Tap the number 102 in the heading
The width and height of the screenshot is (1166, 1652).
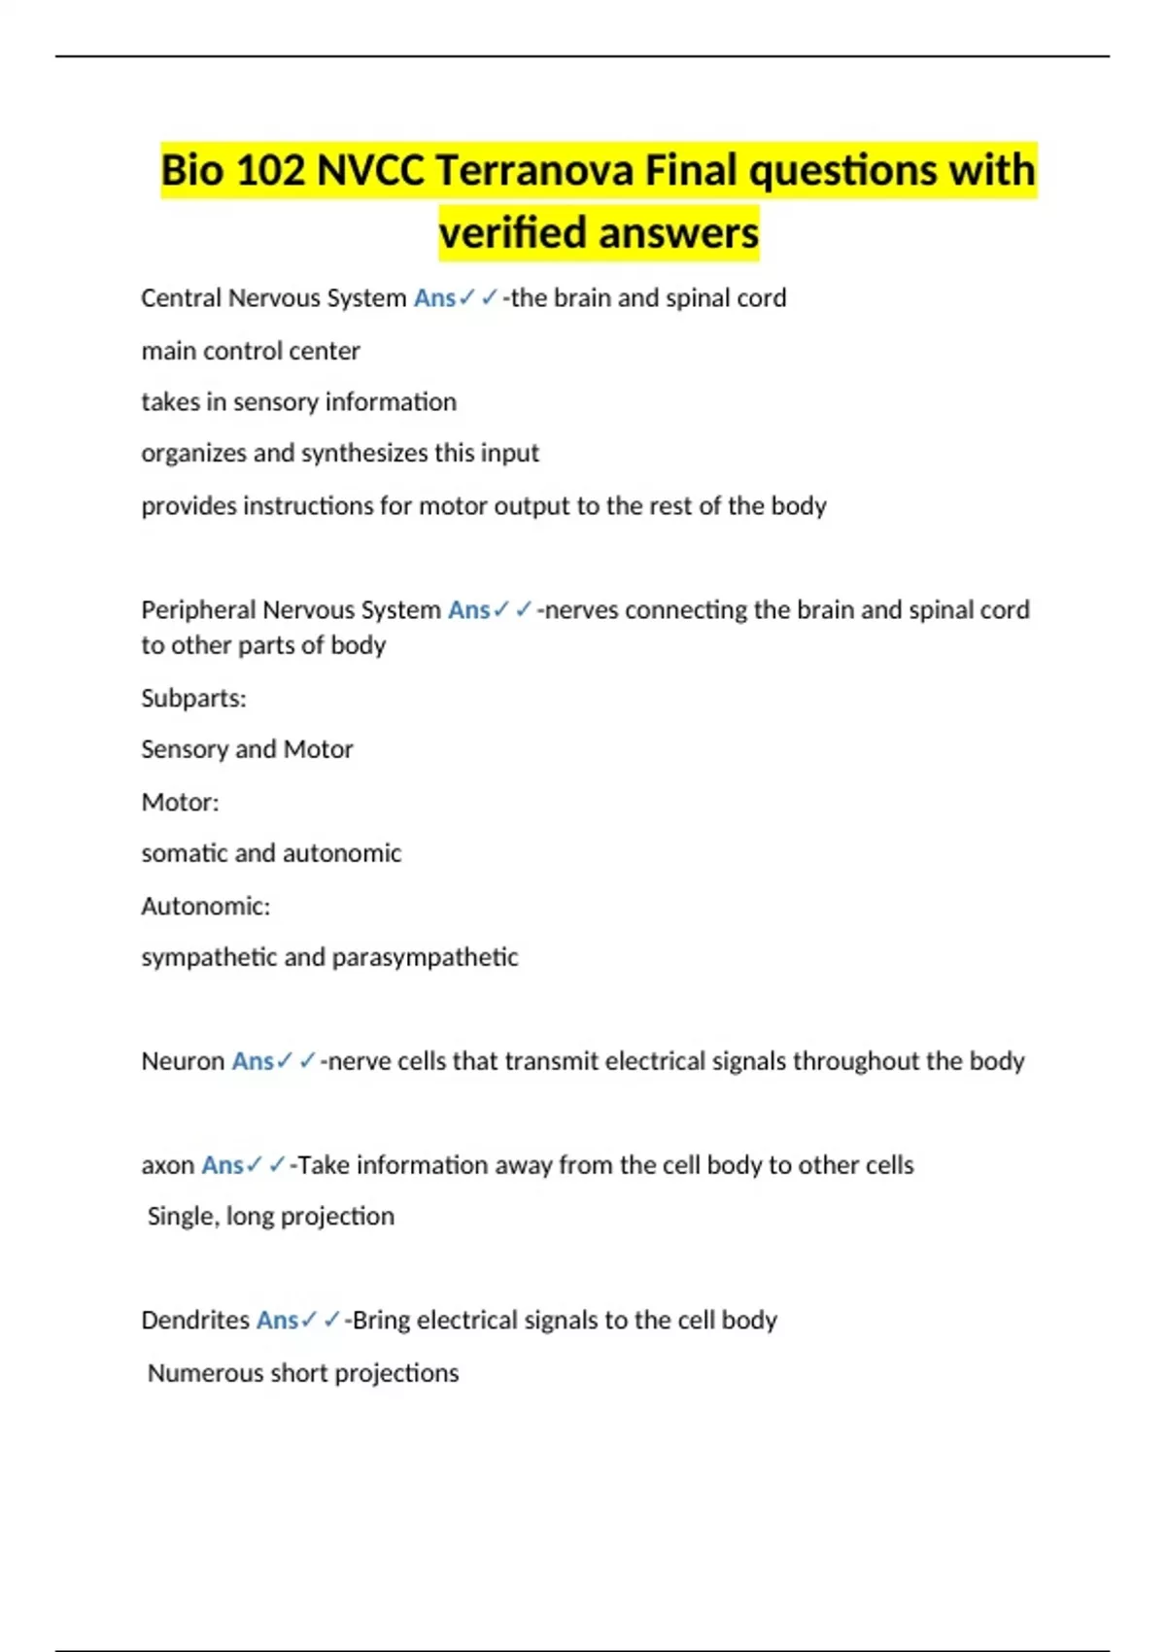271,171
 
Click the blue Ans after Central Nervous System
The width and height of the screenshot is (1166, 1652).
434,298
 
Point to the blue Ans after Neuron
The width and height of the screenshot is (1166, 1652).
253,1061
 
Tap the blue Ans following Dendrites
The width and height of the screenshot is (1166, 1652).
277,1321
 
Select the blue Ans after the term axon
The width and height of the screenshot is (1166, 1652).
222,1165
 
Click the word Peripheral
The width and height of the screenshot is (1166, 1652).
198,610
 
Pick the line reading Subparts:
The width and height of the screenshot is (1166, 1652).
193,699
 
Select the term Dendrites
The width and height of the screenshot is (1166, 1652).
195,1321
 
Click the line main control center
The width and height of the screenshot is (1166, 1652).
251,351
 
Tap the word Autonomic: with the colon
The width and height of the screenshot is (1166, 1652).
205,907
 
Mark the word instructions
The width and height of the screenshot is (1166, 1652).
322,506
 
